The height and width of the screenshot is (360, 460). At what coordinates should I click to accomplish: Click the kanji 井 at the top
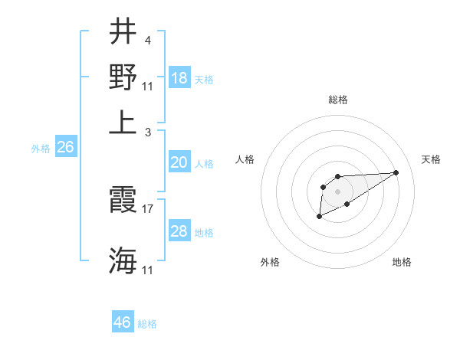(x=123, y=34)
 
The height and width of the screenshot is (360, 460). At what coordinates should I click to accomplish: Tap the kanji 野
(x=123, y=77)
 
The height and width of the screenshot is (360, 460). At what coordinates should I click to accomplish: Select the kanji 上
(x=123, y=123)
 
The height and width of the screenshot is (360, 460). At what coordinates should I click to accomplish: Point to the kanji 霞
(x=123, y=201)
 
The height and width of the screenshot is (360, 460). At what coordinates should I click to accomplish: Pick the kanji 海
(x=123, y=260)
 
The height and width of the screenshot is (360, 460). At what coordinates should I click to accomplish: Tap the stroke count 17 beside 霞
(x=149, y=208)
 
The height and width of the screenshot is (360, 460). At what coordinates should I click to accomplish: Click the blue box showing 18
(x=179, y=78)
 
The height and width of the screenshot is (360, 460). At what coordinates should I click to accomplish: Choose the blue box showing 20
(x=179, y=162)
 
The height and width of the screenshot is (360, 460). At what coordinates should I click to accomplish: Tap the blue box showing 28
(x=179, y=231)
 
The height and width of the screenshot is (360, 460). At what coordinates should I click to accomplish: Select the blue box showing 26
(x=66, y=148)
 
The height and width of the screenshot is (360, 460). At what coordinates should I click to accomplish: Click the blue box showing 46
(x=123, y=322)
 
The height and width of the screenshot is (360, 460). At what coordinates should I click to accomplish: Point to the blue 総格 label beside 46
(x=147, y=324)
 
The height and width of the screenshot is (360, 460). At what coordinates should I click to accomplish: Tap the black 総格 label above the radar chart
(x=338, y=100)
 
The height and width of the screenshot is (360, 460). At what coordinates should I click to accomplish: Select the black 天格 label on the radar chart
(x=431, y=159)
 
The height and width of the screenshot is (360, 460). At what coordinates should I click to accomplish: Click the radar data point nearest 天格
(x=396, y=172)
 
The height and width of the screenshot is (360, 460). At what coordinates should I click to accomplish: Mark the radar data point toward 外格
(x=319, y=217)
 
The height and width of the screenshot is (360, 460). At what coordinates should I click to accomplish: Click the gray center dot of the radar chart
(x=337, y=191)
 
